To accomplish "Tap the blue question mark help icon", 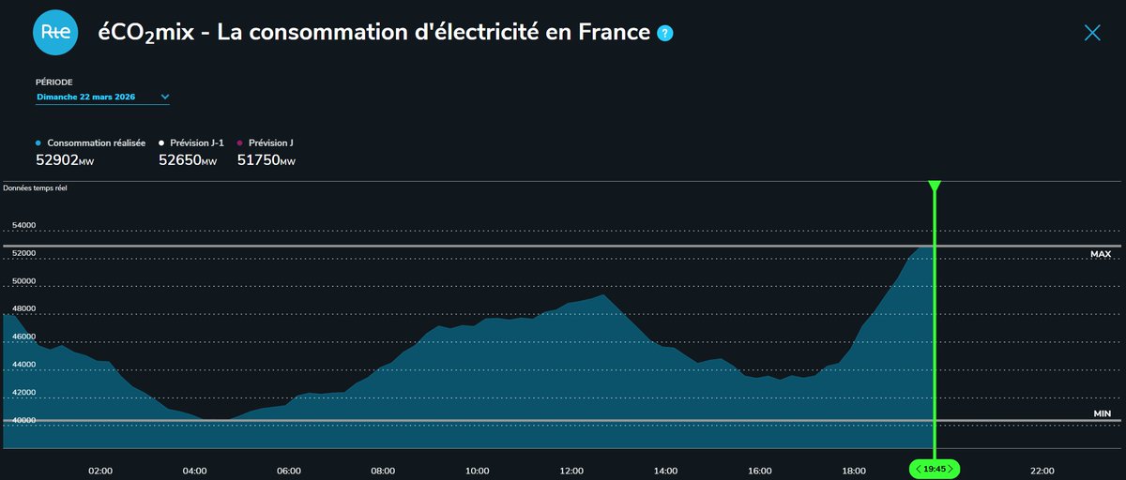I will pos(664,33).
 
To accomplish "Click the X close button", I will pos(1092,33).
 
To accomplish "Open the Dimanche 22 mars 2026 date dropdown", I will pos(102,97).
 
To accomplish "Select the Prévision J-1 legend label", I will pos(196,142).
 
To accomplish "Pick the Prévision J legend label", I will pos(270,142).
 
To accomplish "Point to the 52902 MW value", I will pos(65,161).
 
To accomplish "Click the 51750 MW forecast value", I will pos(266,161).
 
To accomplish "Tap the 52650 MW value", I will pos(188,161).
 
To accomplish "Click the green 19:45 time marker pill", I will pos(935,469).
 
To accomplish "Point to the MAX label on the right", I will pos(1100,254).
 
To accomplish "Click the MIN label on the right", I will pos(1102,413).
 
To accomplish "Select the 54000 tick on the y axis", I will pos(23,225).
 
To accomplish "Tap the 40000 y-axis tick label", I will pos(23,420).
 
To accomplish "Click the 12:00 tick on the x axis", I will pos(571,471).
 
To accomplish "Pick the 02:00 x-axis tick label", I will pos(100,471).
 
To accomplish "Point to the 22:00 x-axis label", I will pos(1042,471).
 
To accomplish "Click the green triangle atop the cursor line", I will pos(935,187).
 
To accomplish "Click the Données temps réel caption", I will pos(35,188).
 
